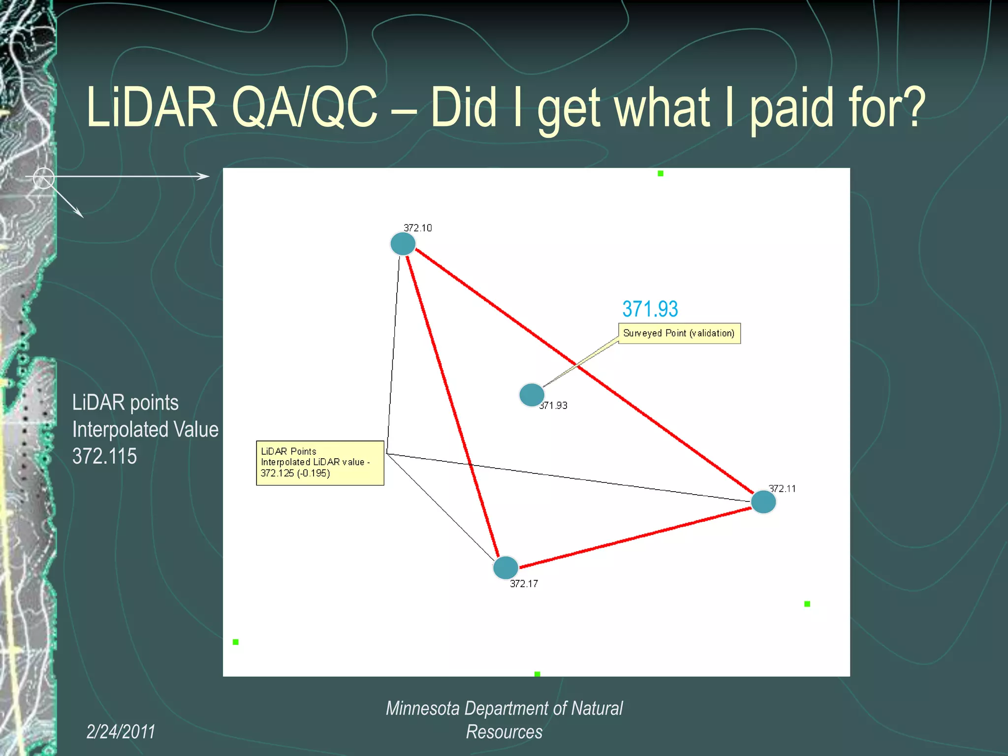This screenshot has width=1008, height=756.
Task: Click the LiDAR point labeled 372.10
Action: (403, 244)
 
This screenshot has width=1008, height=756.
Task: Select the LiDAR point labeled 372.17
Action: (505, 567)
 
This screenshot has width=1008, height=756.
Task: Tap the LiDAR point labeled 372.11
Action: (763, 502)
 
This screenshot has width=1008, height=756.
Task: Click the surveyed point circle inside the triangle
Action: (532, 394)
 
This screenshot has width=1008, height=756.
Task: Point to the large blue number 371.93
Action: (650, 309)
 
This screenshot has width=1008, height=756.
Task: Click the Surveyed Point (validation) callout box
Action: (679, 333)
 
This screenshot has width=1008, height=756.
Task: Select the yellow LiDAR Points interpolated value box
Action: (319, 463)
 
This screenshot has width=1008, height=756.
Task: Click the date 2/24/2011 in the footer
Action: (121, 731)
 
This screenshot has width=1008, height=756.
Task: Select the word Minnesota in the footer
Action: (422, 708)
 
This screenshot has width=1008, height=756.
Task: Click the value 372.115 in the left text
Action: (104, 456)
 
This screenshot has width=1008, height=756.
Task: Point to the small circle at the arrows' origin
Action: (43, 178)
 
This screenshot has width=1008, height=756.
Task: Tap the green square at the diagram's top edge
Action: (661, 173)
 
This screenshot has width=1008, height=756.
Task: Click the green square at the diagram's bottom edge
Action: (537, 674)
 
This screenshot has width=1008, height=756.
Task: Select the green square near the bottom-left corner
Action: (236, 642)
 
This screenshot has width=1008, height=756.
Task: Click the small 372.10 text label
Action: (417, 228)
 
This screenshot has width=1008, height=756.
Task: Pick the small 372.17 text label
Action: (524, 584)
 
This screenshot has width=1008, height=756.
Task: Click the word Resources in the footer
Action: (504, 732)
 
